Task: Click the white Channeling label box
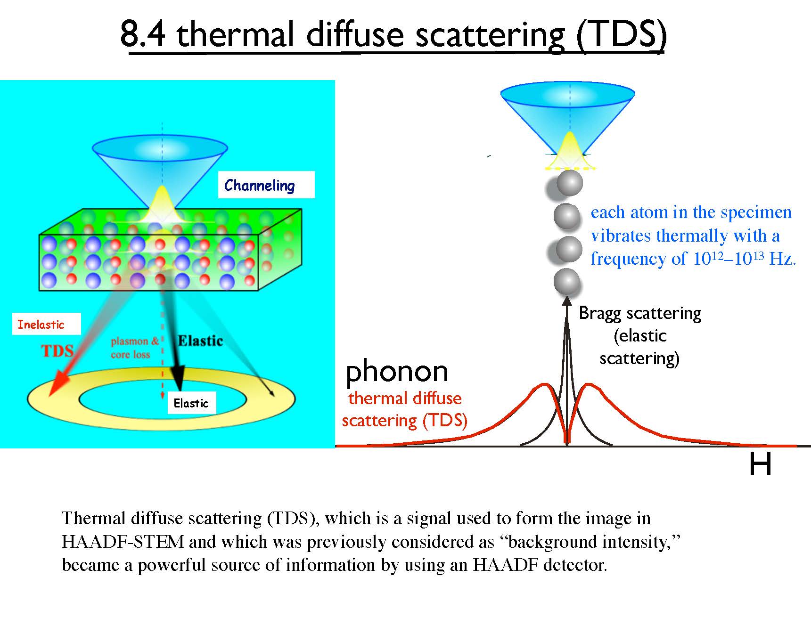266,185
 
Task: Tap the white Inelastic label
46,324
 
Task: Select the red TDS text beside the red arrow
57,351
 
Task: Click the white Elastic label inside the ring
191,403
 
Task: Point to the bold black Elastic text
200,341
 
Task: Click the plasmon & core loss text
134,348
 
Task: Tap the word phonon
397,371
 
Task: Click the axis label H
760,464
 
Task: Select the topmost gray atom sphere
569,184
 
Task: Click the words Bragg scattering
639,313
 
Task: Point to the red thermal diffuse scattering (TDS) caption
404,409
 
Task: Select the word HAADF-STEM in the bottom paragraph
123,542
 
